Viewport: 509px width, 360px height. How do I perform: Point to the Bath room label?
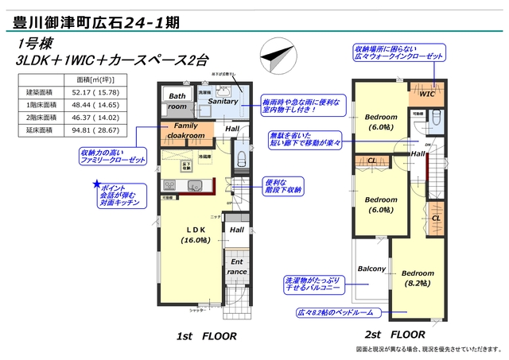click(177, 101)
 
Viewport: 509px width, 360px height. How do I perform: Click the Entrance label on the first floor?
click(237, 266)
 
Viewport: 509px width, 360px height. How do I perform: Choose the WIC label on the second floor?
click(427, 94)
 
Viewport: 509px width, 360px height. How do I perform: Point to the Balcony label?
click(371, 269)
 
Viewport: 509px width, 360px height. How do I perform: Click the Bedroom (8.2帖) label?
click(417, 277)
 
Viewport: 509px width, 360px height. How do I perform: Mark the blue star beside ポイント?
click(96, 184)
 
